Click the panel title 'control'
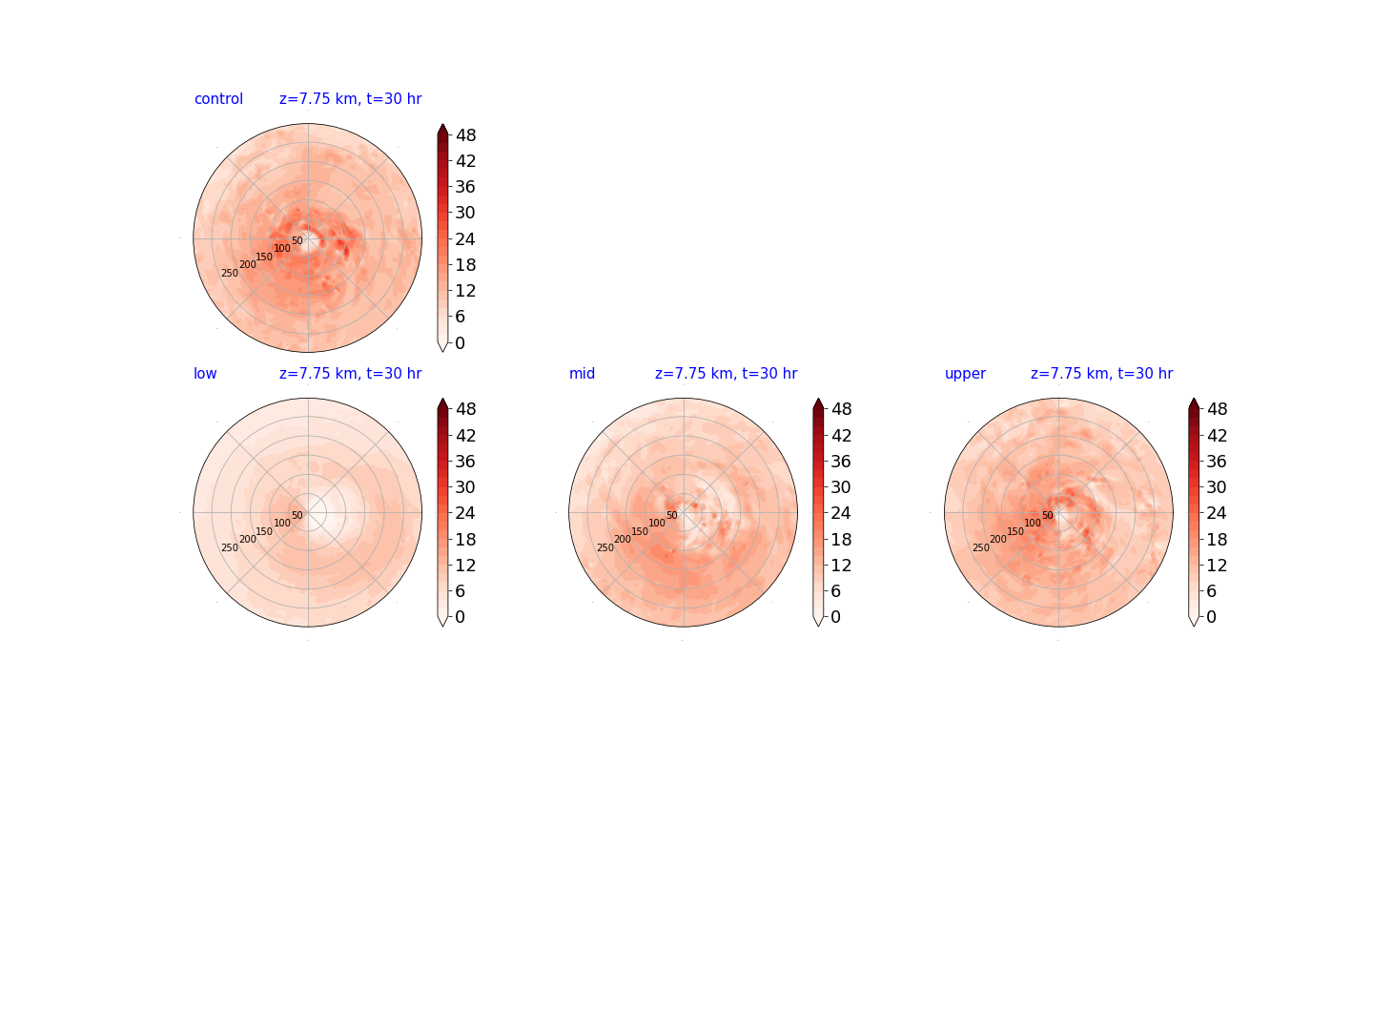[x=218, y=99]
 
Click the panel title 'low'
[x=205, y=373]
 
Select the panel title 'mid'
[x=582, y=373]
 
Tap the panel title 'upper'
[x=965, y=374]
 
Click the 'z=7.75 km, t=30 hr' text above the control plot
[x=350, y=99]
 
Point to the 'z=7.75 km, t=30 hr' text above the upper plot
[x=1101, y=373]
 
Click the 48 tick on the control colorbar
[x=466, y=135]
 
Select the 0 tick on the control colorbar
[x=461, y=342]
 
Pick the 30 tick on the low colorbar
[x=465, y=487]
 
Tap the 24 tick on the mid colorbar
[x=841, y=513]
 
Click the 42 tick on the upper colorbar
[x=1217, y=435]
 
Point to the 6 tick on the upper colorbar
[x=1211, y=591]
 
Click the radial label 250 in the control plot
[x=230, y=274]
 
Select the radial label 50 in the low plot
[x=297, y=515]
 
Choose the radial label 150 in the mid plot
[x=639, y=531]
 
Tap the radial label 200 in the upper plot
[x=997, y=539]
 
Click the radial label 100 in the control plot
[x=282, y=248]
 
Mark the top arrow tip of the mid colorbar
[x=818, y=399]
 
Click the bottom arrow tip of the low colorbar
[x=442, y=626]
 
